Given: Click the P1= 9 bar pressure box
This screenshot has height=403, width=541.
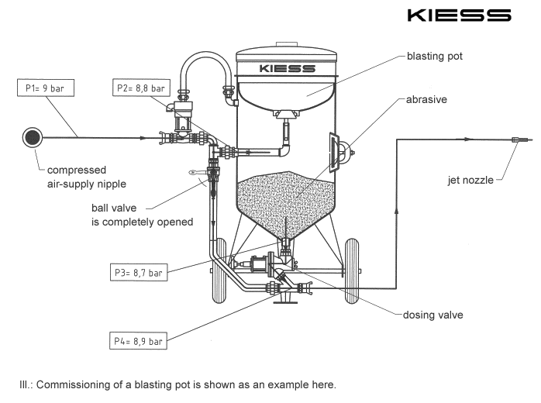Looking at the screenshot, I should (45, 88).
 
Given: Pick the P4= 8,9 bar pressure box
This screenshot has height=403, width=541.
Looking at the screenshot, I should (142, 338).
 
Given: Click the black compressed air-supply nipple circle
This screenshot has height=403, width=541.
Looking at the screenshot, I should (33, 137).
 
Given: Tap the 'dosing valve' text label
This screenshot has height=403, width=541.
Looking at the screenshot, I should (433, 315).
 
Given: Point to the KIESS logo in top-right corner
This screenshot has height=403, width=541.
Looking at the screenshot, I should (472, 15).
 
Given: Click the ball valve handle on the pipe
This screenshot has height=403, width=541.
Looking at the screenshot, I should (197, 174).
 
